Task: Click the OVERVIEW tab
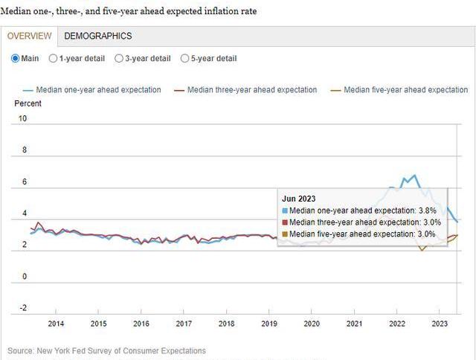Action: tap(30, 36)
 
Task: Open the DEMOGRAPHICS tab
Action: tap(98, 36)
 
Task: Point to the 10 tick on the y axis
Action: tap(22, 118)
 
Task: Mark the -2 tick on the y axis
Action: tap(22, 308)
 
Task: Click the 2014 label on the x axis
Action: tap(56, 324)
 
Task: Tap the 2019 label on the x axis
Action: tap(269, 324)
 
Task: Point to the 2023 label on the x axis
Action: tap(440, 324)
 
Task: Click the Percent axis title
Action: tap(28, 103)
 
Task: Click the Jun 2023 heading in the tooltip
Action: tap(297, 199)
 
